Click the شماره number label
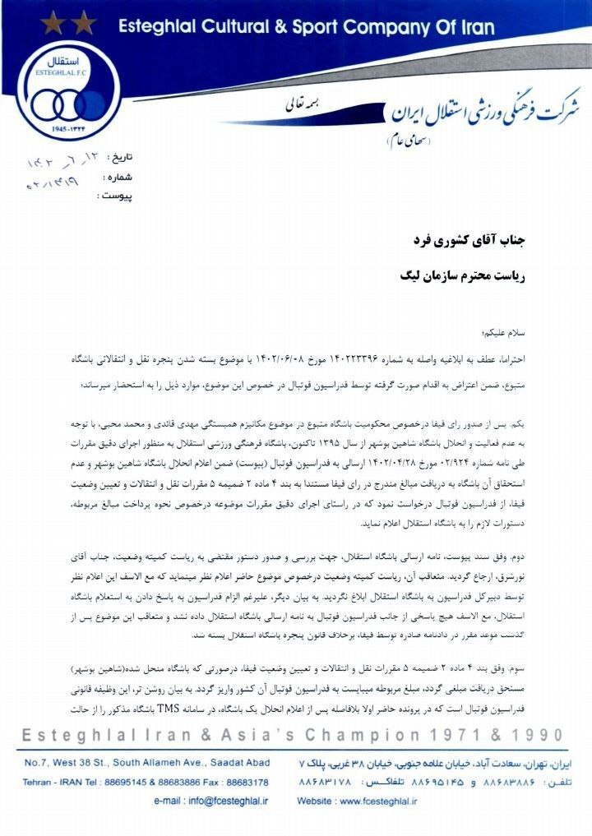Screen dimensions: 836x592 pyautogui.click(x=116, y=177)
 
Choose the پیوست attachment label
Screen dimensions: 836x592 pyautogui.click(x=114, y=196)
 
